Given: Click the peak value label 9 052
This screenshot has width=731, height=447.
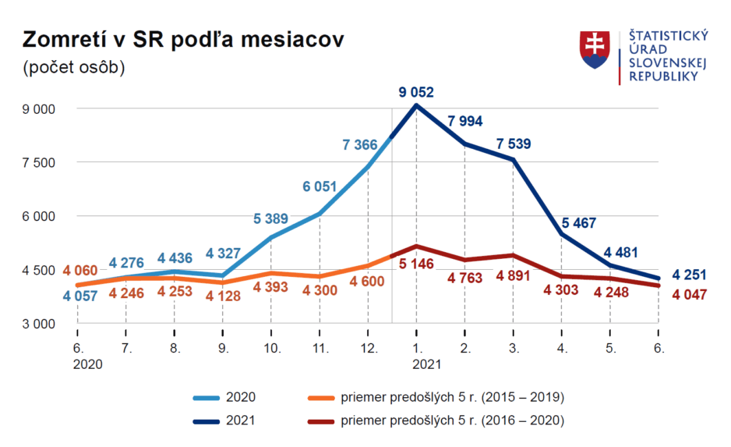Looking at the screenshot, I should click(x=416, y=93).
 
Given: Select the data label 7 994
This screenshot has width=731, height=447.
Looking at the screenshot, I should click(x=465, y=121).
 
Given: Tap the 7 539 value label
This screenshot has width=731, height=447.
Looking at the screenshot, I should click(x=514, y=144).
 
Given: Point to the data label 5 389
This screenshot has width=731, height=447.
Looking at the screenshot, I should click(x=271, y=218).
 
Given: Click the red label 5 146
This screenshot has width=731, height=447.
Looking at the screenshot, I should click(x=415, y=264).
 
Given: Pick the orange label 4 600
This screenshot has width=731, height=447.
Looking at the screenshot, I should click(x=367, y=282).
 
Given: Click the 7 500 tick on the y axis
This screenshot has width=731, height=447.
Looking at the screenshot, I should click(x=38, y=162).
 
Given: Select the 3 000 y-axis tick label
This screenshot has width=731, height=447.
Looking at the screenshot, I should click(x=38, y=323).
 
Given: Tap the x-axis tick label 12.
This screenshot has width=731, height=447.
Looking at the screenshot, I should click(x=369, y=348).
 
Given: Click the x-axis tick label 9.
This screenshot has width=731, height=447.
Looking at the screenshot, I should click(x=224, y=348).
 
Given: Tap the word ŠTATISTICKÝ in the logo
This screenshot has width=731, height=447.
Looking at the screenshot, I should click(x=669, y=36).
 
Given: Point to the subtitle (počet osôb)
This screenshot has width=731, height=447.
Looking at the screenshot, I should click(x=74, y=67).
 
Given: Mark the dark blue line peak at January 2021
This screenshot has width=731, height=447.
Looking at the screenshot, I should click(x=416, y=105).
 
